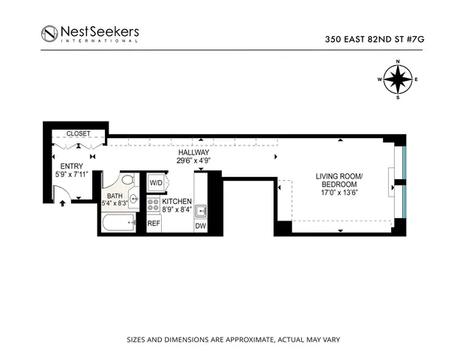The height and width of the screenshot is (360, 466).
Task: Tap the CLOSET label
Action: pyautogui.click(x=79, y=133)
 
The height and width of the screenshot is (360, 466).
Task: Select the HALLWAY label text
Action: pyautogui.click(x=193, y=151)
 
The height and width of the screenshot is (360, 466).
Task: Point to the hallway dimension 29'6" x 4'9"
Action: pyautogui.click(x=193, y=160)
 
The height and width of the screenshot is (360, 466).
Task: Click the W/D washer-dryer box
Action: pyautogui.click(x=157, y=183)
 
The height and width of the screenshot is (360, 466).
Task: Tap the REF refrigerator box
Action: pyautogui.click(x=154, y=223)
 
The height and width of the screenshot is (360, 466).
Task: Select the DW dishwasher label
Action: pyautogui.click(x=200, y=225)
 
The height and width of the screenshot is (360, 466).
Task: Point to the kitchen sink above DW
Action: pyautogui.click(x=200, y=209)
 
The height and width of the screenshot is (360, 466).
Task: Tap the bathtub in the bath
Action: pyautogui.click(x=118, y=223)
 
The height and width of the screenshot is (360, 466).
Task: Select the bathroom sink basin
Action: pyautogui.click(x=133, y=199)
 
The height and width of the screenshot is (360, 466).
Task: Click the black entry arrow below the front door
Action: pyautogui.click(x=62, y=202)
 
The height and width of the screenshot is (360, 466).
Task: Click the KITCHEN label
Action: pyautogui.click(x=178, y=202)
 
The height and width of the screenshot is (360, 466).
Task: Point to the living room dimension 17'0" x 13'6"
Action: pyautogui.click(x=341, y=193)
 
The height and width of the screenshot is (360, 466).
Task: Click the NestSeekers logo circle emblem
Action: pyautogui.click(x=50, y=34)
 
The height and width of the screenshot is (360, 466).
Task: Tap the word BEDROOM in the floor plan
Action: pyautogui.click(x=341, y=184)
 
